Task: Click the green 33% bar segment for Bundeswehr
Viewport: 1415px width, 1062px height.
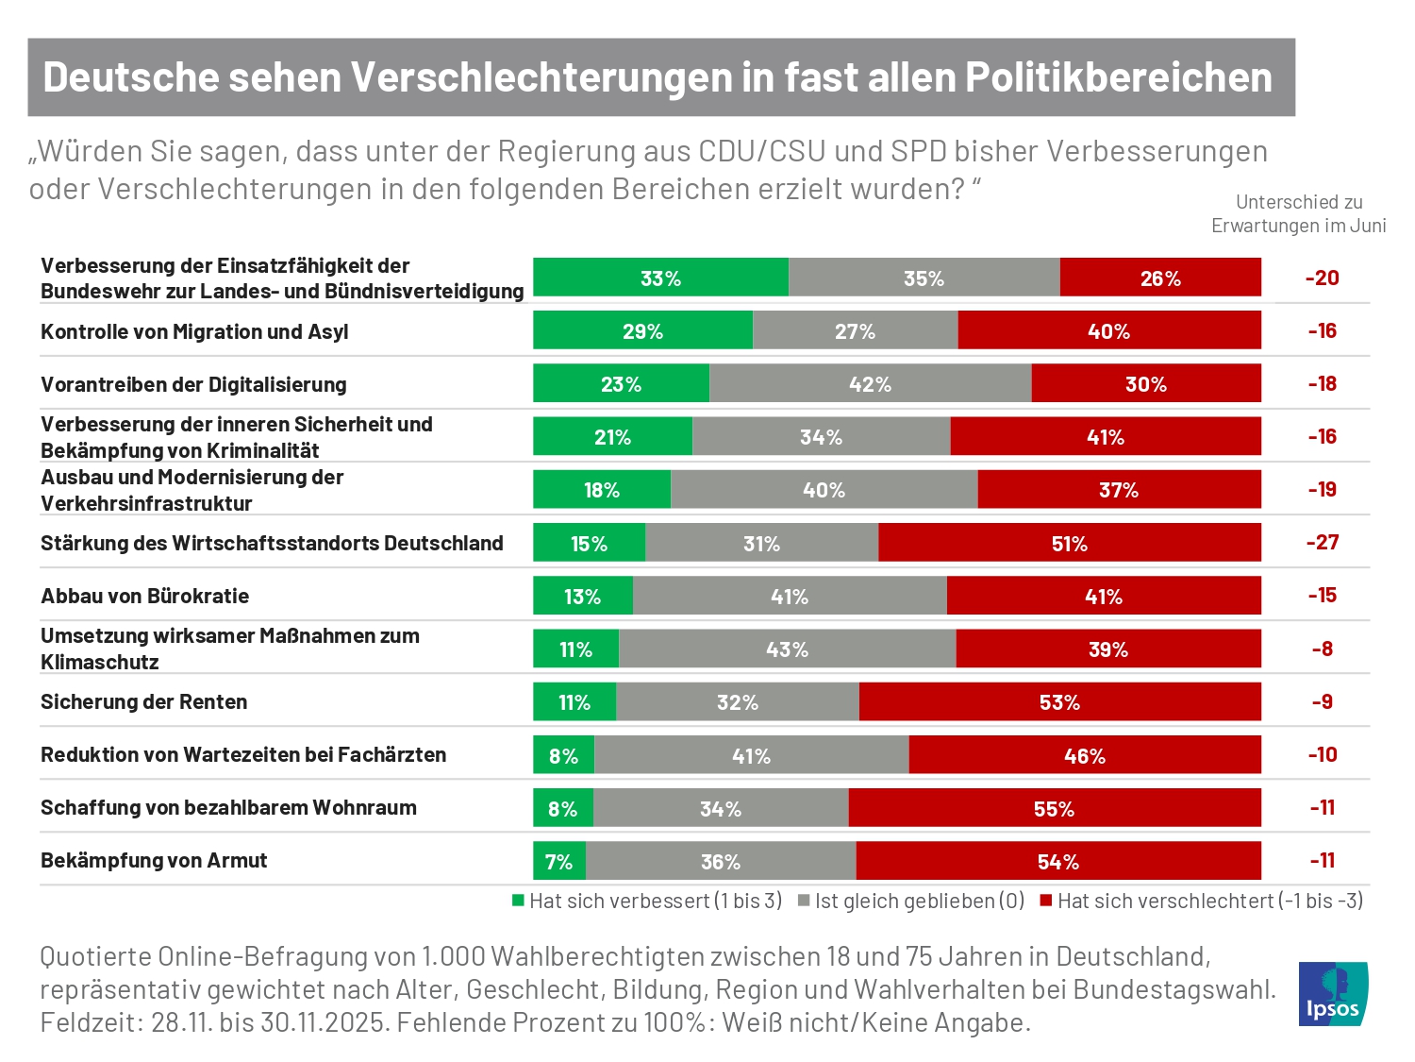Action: pyautogui.click(x=660, y=278)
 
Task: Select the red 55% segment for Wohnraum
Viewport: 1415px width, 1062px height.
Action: pyautogui.click(x=1054, y=808)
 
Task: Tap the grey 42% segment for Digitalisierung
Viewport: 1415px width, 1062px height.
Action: pyautogui.click(x=870, y=384)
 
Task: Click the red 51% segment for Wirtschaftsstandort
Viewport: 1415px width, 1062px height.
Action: pyautogui.click(x=1069, y=543)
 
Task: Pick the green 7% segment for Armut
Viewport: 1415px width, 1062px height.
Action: pyautogui.click(x=558, y=861)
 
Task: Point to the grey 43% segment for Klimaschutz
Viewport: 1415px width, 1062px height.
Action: pyautogui.click(x=787, y=649)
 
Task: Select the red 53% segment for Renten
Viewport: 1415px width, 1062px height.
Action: pyautogui.click(x=1059, y=702)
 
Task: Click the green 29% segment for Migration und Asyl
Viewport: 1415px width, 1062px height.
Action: pyautogui.click(x=642, y=331)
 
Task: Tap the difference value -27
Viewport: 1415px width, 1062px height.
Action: pyautogui.click(x=1322, y=543)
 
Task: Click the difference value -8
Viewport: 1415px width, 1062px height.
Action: pyautogui.click(x=1322, y=649)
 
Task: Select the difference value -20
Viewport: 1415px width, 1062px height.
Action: pyautogui.click(x=1322, y=278)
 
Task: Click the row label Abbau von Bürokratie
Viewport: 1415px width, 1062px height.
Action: pyautogui.click(x=145, y=596)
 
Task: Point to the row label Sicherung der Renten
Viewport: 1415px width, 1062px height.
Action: pyautogui.click(x=144, y=701)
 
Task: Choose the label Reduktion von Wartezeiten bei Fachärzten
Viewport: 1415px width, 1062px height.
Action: pyautogui.click(x=243, y=754)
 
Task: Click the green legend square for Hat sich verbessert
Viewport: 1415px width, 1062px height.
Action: pyautogui.click(x=518, y=901)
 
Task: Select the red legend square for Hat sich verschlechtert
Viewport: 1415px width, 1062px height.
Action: pyautogui.click(x=1045, y=901)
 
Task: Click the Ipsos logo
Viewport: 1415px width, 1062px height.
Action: pyautogui.click(x=1333, y=993)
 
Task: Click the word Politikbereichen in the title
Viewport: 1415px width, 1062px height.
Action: pyautogui.click(x=1118, y=77)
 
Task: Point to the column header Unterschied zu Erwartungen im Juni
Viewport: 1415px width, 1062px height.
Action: pyautogui.click(x=1299, y=213)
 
